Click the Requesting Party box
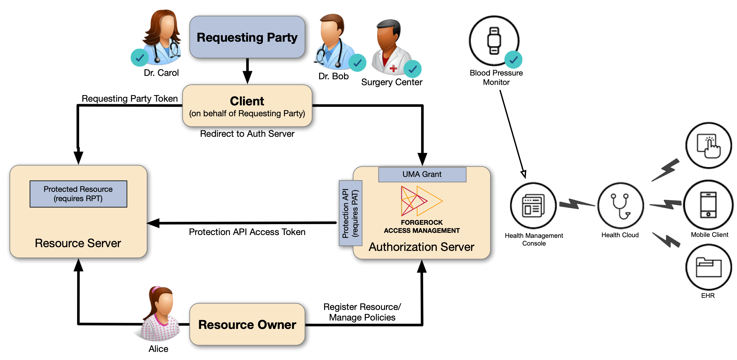click(x=247, y=37)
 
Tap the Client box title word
click(x=247, y=101)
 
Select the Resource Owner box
click(x=247, y=324)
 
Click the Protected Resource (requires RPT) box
click(x=78, y=194)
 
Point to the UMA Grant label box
click(x=422, y=174)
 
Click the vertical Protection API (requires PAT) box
click(x=350, y=213)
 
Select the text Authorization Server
click(x=421, y=247)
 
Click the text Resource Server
click(x=78, y=243)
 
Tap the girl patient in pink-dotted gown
click(x=160, y=314)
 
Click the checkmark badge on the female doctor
click(x=140, y=58)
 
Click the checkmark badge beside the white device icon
click(x=513, y=60)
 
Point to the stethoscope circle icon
click(x=620, y=205)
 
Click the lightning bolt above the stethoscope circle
click(x=666, y=170)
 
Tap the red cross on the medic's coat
click(x=393, y=68)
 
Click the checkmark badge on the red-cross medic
click(x=413, y=69)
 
